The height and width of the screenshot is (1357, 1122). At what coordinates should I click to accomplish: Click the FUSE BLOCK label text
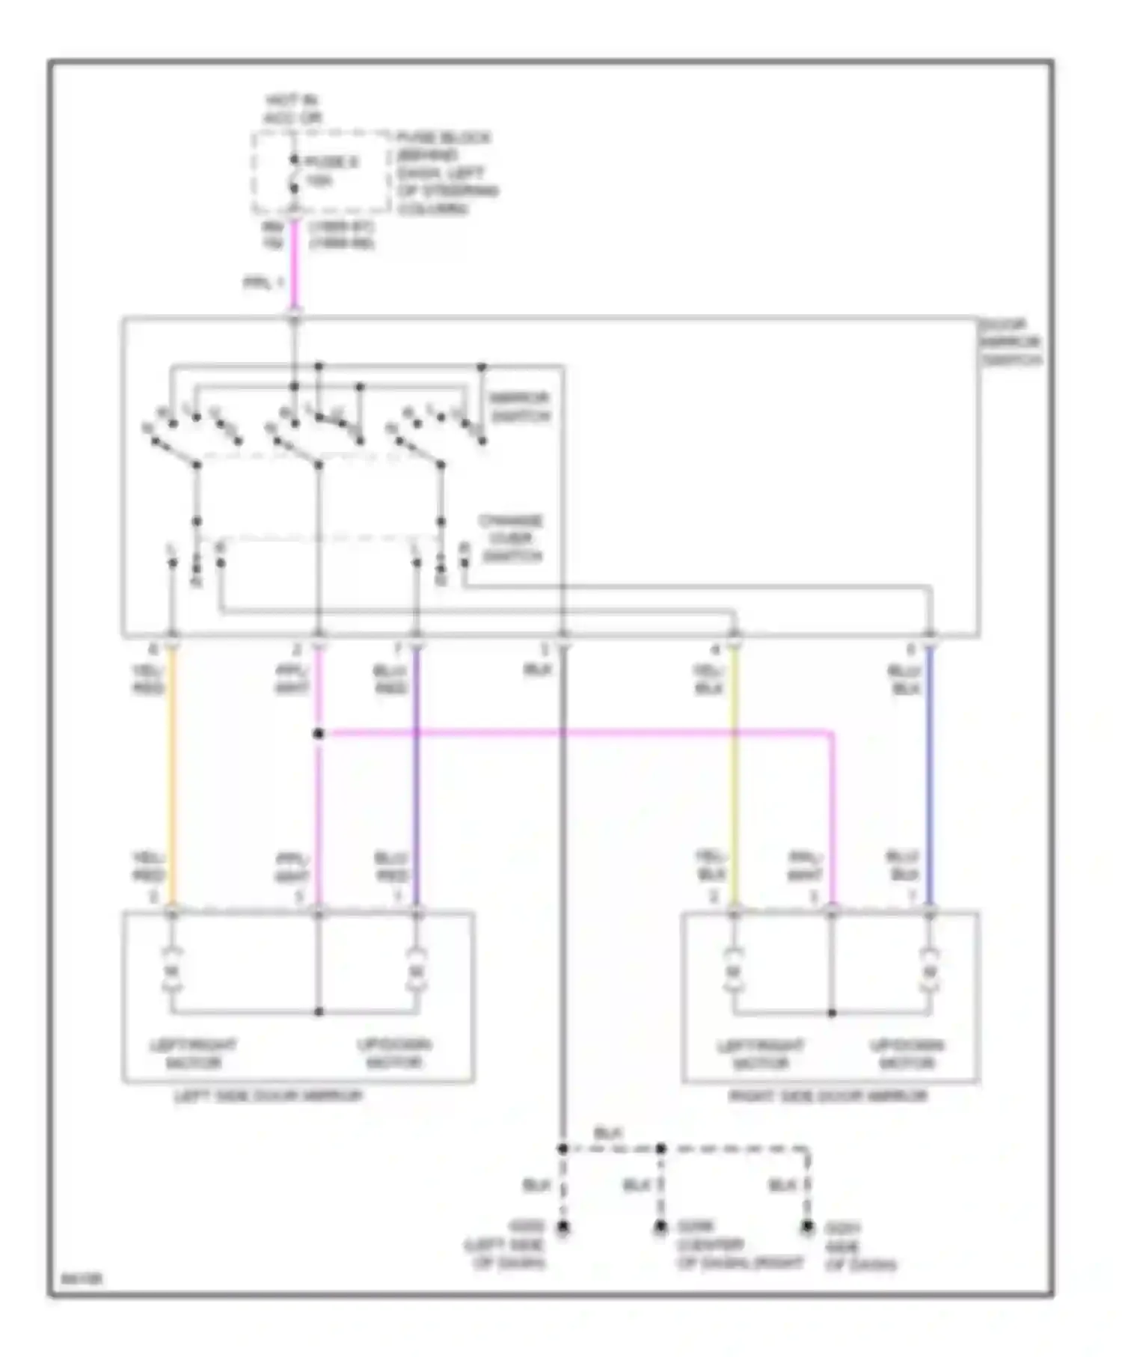pos(443,139)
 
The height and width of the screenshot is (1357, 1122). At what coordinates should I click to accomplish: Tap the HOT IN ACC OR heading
pos(292,109)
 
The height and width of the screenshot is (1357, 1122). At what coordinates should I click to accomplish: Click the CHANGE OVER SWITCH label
pos(512,539)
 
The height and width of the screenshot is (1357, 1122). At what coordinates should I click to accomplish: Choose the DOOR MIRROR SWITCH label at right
pos(1010,343)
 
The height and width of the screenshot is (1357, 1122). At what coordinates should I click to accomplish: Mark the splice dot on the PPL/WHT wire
pos(318,734)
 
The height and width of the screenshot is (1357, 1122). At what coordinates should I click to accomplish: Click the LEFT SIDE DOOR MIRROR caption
pos(268,1097)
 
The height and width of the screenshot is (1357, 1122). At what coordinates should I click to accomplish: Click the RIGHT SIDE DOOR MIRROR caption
pos(828,1097)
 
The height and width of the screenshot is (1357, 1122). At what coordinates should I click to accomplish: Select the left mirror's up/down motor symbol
pos(417,972)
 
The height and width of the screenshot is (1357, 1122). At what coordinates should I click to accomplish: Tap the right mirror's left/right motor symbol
pos(734,972)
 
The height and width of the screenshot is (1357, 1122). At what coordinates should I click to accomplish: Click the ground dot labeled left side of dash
pos(562,1228)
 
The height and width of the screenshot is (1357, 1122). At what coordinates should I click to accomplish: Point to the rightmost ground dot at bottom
pos(807,1228)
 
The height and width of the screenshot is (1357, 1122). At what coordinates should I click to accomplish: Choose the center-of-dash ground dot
pos(660,1228)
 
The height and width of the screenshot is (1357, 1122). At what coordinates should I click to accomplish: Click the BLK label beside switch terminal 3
pos(537,670)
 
